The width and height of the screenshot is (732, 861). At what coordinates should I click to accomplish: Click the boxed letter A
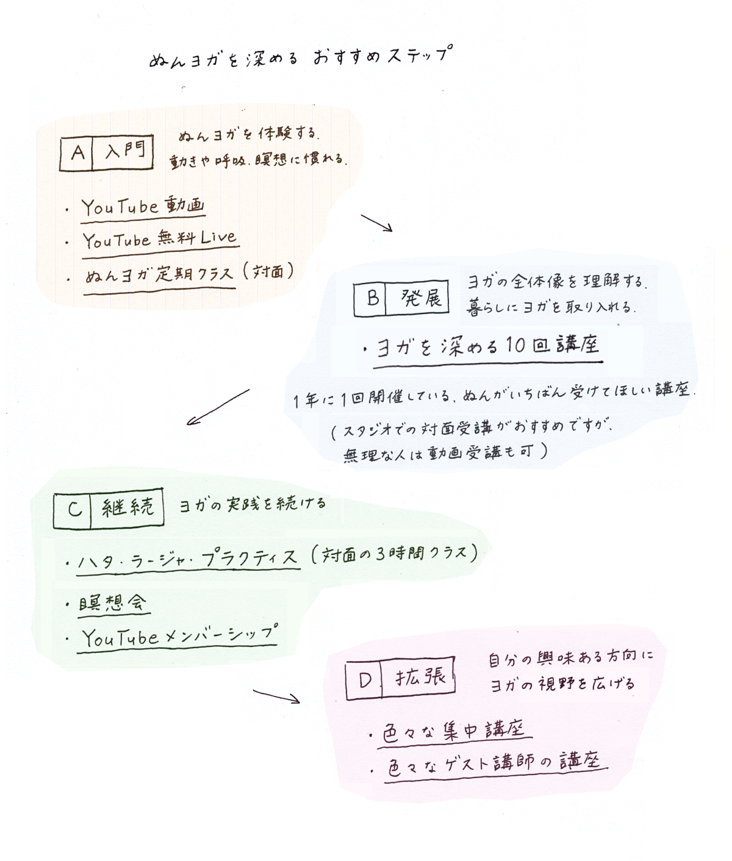coord(77,152)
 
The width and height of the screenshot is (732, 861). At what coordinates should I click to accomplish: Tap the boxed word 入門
coord(122,152)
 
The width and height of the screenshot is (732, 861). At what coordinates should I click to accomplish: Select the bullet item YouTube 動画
coord(143,207)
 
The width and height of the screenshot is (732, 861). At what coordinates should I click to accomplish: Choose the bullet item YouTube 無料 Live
coord(159,239)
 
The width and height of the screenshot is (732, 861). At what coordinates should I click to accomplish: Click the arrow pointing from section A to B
coord(376,223)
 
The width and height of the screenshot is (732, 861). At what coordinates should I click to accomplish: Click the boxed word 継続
coord(127,507)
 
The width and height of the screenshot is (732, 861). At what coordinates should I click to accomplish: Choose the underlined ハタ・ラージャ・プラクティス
coord(188,557)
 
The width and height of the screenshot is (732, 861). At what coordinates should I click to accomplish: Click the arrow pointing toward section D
coord(276,696)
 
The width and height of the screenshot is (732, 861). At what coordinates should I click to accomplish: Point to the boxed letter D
coord(364,679)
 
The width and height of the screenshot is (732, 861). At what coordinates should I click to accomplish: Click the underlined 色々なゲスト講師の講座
coord(495,764)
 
